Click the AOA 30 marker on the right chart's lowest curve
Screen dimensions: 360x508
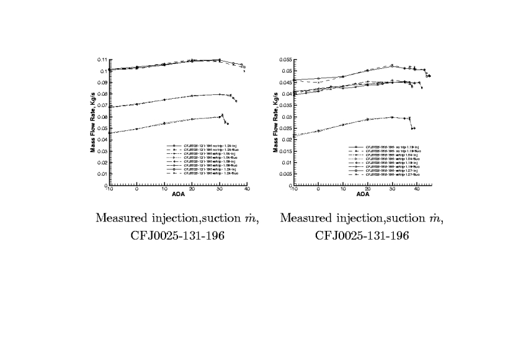point(392,117)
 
